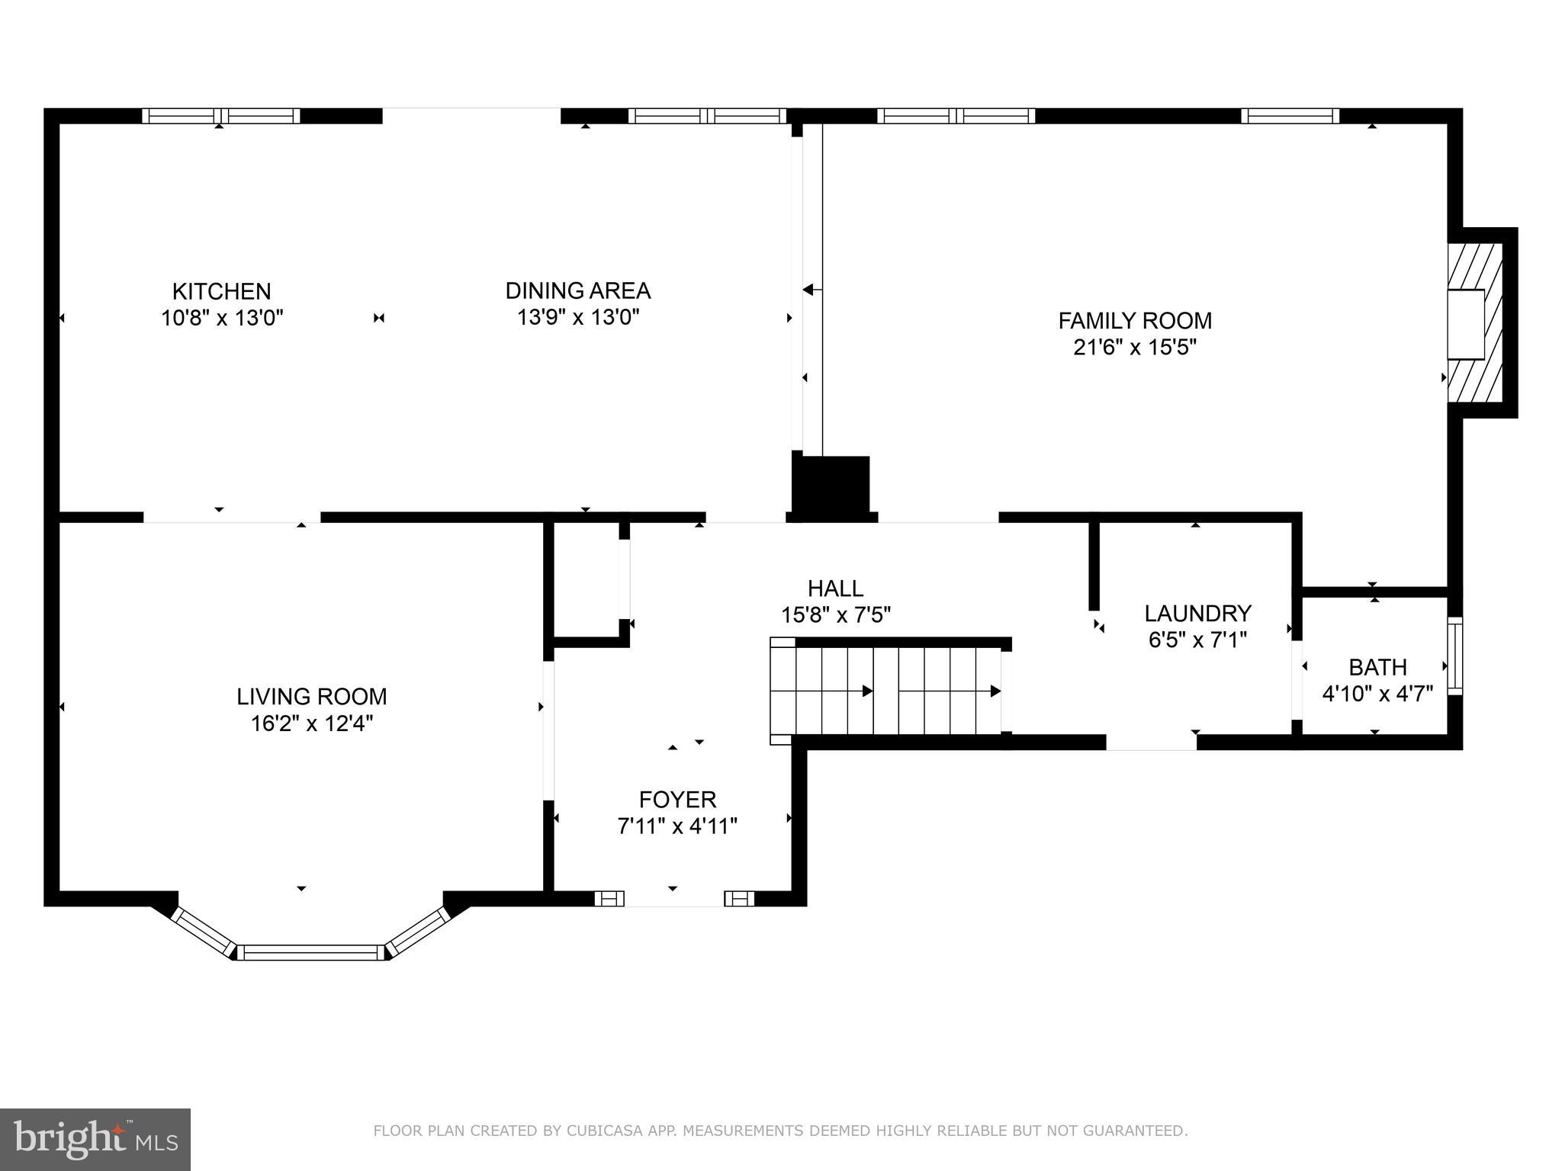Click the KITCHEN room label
[221, 291]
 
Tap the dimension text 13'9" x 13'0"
[577, 317]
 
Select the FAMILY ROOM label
[1134, 320]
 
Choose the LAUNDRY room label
[1197, 613]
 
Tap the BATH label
[1377, 667]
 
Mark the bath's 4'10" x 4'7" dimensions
[1377, 694]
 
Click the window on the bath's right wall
[1454, 656]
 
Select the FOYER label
[677, 799]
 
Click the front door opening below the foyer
[673, 899]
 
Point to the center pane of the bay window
[311, 952]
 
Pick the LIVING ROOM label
[311, 696]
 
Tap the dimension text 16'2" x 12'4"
[311, 723]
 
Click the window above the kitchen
[221, 116]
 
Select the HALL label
[835, 588]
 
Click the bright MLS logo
[95, 1139]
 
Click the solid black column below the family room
[831, 485]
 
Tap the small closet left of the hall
[586, 579]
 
